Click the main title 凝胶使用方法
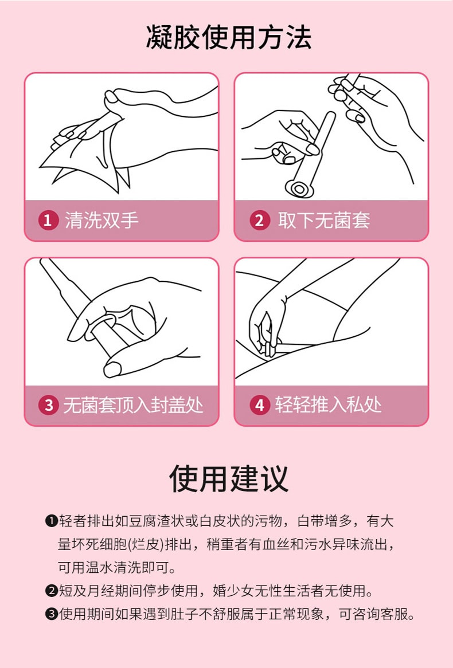[x=229, y=38]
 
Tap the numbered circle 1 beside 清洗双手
[x=49, y=221]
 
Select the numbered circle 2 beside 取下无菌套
[x=259, y=221]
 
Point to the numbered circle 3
[x=49, y=406]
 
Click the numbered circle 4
[x=259, y=406]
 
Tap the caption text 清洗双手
[x=101, y=221]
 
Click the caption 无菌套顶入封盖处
[x=133, y=406]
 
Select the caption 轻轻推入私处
[x=328, y=406]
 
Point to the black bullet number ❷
[x=51, y=591]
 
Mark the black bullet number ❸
[x=51, y=614]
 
